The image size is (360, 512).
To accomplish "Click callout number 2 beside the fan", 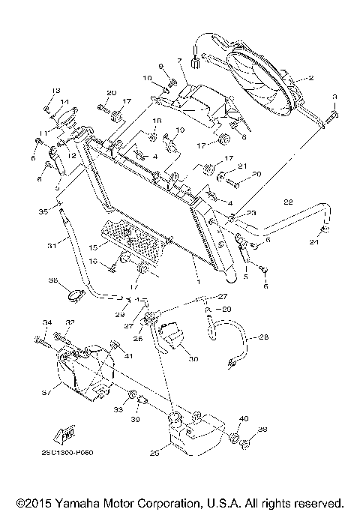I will [311, 78].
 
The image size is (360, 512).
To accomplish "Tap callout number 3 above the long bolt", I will [335, 96].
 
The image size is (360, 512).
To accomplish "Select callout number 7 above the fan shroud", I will [179, 60].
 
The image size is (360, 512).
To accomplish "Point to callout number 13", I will [55, 90].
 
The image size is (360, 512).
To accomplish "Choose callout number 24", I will [314, 243].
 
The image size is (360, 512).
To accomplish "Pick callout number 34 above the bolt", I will [46, 322].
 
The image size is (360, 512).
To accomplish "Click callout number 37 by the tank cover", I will [46, 391].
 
